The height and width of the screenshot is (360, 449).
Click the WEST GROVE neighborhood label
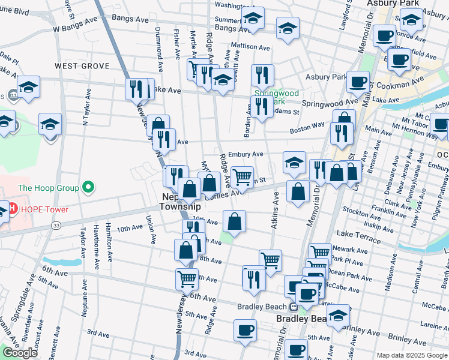pos(82,66)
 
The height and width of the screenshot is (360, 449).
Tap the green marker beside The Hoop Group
pos(89,188)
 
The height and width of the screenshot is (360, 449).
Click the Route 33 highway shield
pos(55,224)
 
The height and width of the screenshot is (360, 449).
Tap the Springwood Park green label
pos(276,98)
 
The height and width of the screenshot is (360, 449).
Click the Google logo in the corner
pos(20,353)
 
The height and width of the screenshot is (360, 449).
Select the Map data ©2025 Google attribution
pos(412,355)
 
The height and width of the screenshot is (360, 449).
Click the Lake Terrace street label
pos(358,239)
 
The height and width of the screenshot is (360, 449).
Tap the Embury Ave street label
pos(246,154)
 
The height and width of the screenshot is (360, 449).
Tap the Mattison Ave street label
pos(250,46)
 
